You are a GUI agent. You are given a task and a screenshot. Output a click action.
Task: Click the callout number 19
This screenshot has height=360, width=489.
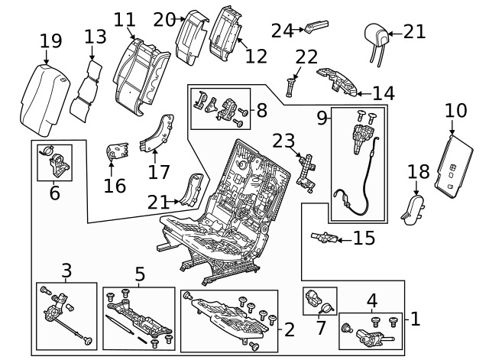51,40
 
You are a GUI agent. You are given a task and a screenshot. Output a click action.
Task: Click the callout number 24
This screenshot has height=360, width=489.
283,30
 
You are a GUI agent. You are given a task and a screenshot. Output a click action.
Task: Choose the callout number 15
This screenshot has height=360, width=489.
364,238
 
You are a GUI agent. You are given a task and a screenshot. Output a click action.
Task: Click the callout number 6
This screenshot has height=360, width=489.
54,193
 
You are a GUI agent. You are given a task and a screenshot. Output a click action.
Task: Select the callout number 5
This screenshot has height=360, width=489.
140,272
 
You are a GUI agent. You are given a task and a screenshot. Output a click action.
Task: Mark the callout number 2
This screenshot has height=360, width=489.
289,329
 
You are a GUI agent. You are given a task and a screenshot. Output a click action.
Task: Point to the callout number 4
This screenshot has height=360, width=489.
372,300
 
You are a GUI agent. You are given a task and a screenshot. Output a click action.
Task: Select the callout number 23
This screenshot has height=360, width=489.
283,141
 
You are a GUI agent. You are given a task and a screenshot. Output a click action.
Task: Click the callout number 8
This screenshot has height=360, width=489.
261,111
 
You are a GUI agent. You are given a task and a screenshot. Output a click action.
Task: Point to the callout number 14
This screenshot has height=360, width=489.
383,93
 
